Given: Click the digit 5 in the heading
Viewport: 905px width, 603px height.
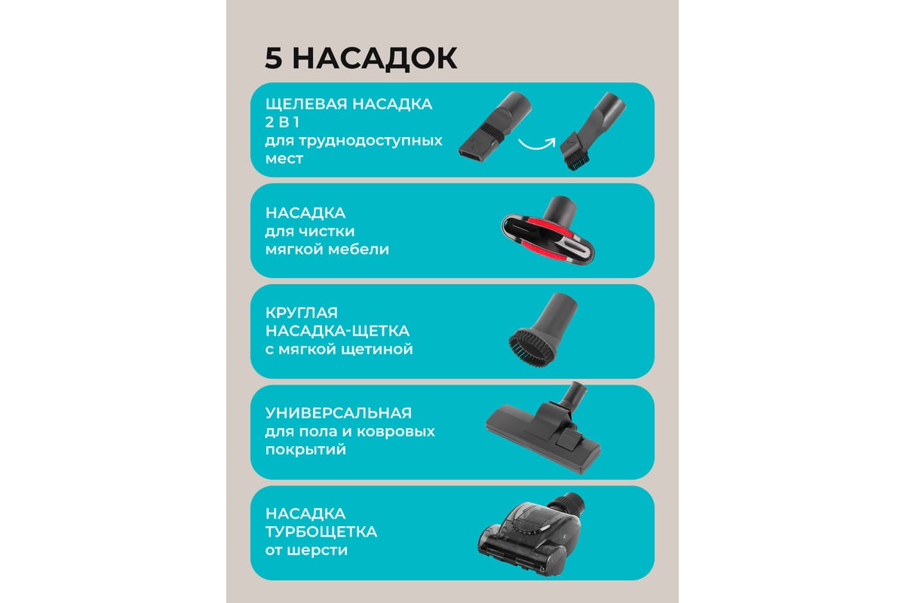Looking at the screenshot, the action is (x=274, y=58).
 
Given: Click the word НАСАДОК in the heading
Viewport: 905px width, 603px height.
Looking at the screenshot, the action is (x=375, y=59).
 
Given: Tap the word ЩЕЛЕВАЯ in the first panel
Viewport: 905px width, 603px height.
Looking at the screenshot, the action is (x=306, y=104).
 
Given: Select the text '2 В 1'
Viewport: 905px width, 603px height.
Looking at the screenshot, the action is (x=282, y=122).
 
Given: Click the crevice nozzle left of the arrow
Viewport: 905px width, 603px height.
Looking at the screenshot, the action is (x=495, y=126).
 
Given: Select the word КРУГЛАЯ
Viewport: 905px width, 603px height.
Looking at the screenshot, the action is (x=302, y=313).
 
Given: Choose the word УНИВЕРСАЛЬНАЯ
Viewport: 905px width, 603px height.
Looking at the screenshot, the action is (x=339, y=413).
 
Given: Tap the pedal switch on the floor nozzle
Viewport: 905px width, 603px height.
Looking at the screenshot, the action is (x=569, y=437).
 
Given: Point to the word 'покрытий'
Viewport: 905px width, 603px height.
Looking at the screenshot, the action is (x=305, y=449).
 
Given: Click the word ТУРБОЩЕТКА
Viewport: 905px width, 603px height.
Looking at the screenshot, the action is (x=321, y=532).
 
